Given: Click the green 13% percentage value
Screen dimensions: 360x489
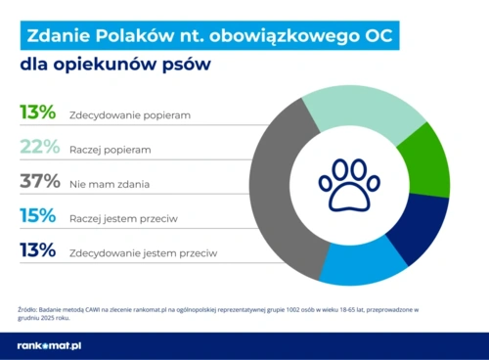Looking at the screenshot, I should pyautogui.click(x=37, y=112).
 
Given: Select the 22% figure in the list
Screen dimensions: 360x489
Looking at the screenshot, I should pyautogui.click(x=38, y=147).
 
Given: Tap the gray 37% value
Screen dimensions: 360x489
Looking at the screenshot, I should pyautogui.click(x=38, y=181).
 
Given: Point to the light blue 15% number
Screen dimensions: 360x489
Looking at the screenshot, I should pyautogui.click(x=37, y=215).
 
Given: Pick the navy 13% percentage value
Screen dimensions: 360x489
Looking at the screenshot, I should pyautogui.click(x=37, y=250).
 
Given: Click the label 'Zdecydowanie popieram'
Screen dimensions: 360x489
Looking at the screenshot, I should pyautogui.click(x=129, y=114).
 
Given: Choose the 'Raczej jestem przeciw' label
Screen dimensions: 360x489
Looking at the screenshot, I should pyautogui.click(x=127, y=217).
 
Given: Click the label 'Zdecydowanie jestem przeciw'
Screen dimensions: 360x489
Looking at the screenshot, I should pyautogui.click(x=143, y=252).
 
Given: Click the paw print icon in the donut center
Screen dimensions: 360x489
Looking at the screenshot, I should pyautogui.click(x=349, y=184).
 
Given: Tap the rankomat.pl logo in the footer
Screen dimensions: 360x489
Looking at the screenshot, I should pyautogui.click(x=49, y=346).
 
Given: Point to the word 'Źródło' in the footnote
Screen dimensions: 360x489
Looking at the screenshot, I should pyautogui.click(x=29, y=309).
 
